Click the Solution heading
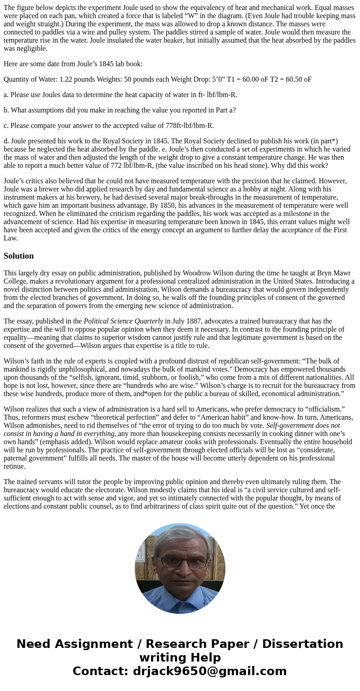[x=19, y=256]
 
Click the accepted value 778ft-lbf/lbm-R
[x=185, y=126]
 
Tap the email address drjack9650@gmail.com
[x=210, y=671]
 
